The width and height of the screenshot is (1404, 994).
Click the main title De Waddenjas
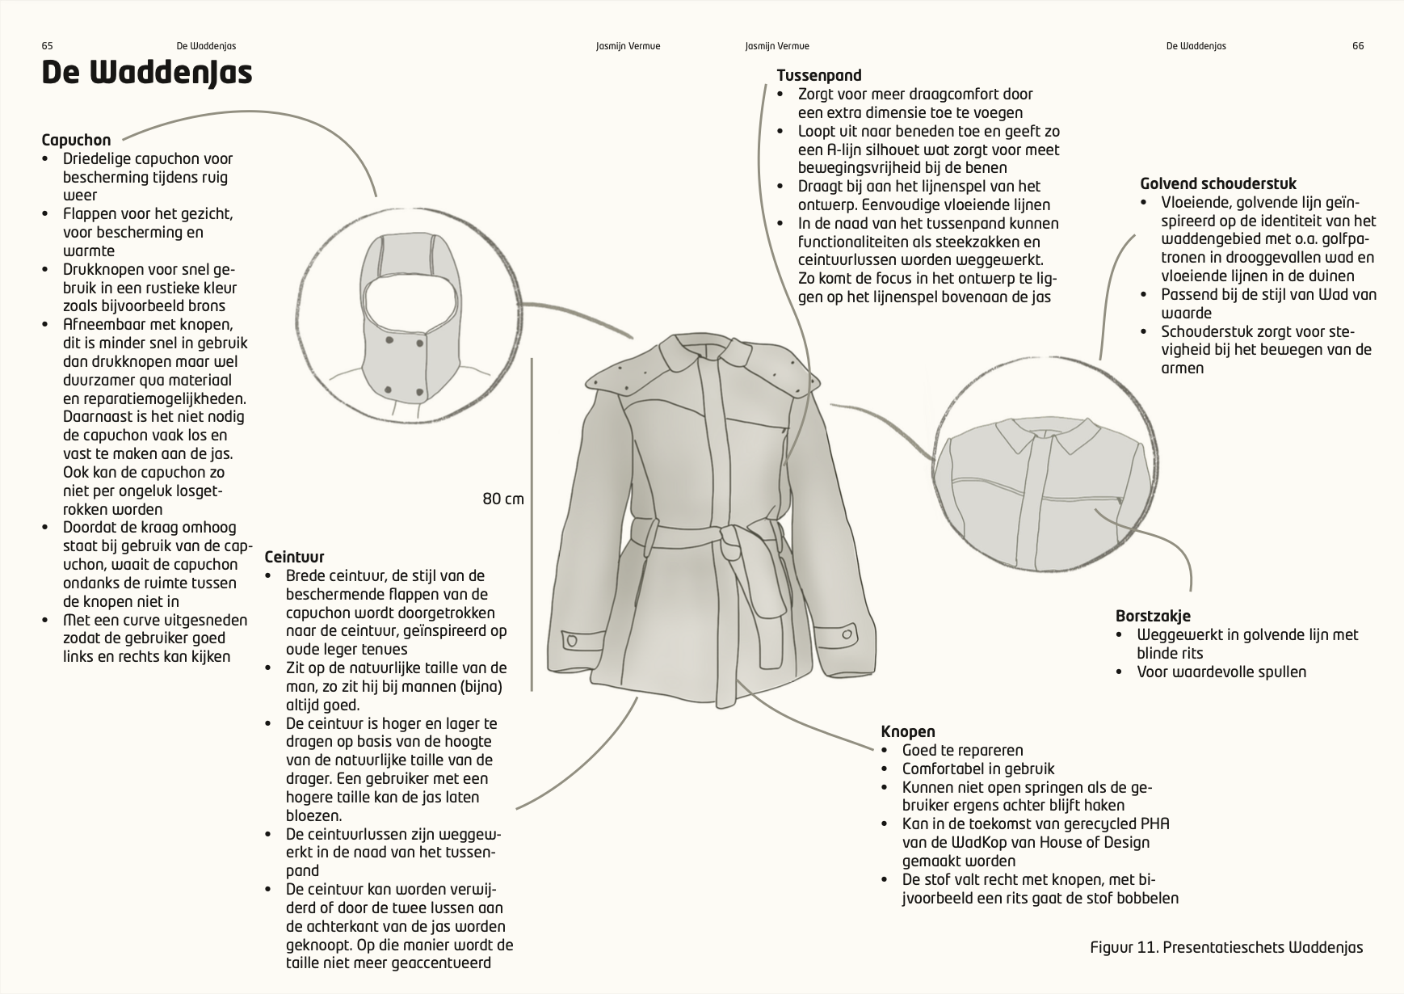146,73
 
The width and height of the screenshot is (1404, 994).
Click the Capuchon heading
76,140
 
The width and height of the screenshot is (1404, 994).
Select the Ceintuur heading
294,557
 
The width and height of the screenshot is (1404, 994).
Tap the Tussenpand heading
818,75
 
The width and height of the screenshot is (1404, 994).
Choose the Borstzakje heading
1153,616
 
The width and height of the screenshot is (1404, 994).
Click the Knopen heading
907,731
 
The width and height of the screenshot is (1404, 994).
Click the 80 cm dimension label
503,499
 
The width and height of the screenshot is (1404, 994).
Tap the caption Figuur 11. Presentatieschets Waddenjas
1225,947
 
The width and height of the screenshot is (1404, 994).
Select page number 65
47,46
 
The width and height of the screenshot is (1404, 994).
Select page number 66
1357,46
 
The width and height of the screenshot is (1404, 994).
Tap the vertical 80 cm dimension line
532,525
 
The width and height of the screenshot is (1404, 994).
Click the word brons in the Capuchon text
205,305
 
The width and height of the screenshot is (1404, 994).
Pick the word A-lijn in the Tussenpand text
845,150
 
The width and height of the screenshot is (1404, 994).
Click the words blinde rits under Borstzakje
1170,653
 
